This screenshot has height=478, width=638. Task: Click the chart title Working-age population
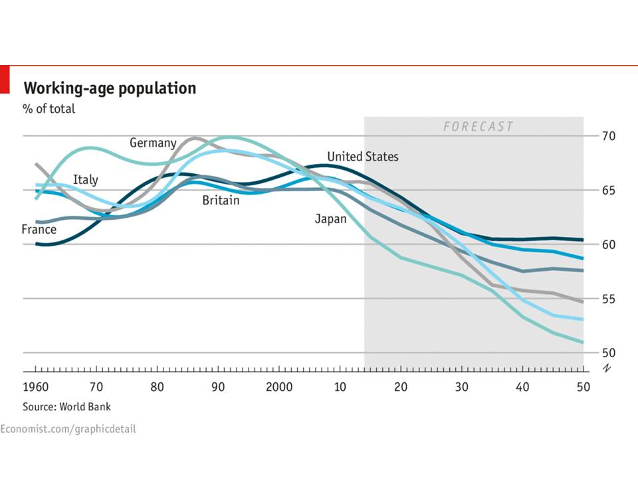click(x=110, y=88)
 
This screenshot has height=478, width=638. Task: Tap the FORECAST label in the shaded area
click(x=478, y=126)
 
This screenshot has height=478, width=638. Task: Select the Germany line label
click(x=153, y=143)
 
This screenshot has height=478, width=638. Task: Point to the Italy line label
click(x=85, y=179)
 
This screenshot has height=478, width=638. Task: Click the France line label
click(x=39, y=230)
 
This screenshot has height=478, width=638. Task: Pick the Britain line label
click(x=221, y=200)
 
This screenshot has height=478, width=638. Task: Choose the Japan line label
click(x=330, y=218)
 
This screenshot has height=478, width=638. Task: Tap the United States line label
click(x=363, y=157)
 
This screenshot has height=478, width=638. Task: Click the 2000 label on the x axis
click(x=278, y=387)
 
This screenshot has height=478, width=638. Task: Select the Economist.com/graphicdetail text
click(x=68, y=429)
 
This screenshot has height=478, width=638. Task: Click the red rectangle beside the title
click(x=4, y=79)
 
